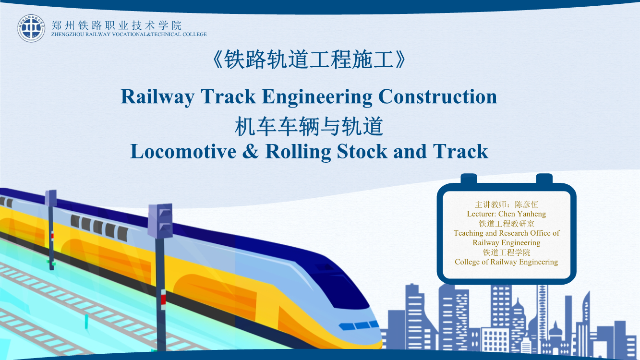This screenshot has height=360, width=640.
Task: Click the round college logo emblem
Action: tap(31, 28)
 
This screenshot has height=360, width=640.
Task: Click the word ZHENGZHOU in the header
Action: tap(68, 34)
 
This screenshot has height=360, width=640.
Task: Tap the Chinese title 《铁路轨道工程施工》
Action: tap(309, 60)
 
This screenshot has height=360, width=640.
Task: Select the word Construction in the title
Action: tap(438, 96)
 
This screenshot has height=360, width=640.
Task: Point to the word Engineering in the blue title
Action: tap(317, 97)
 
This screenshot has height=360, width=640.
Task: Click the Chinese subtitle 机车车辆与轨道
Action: tap(309, 126)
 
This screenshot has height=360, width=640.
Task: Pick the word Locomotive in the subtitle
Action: tap(183, 151)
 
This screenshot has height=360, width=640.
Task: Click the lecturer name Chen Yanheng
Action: tap(522, 214)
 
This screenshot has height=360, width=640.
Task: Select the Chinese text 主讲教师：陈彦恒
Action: tap(506, 204)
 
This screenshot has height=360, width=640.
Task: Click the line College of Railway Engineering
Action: tap(506, 262)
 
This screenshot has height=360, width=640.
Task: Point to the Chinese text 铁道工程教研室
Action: tap(506, 223)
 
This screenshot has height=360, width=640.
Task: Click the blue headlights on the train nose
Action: tap(359, 325)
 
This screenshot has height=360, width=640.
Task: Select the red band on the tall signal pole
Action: tap(163, 300)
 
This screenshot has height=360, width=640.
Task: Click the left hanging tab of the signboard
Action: tap(469, 179)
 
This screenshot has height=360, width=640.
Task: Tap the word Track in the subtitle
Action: tap(460, 151)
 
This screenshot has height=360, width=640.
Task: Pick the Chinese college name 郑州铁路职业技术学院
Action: tap(116, 25)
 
